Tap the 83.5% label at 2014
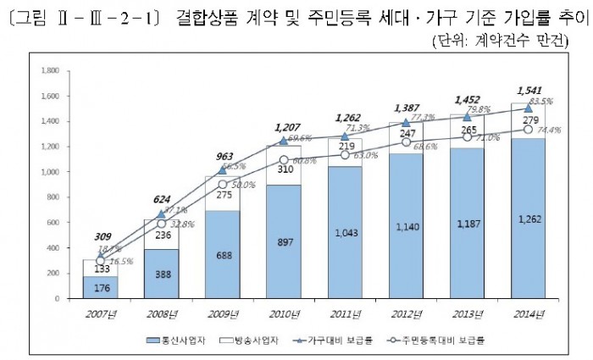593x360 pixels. pos(542,102)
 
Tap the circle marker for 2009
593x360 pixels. pos(223,185)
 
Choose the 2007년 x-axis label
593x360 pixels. pos(102,314)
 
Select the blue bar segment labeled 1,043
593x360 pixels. pos(345,232)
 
